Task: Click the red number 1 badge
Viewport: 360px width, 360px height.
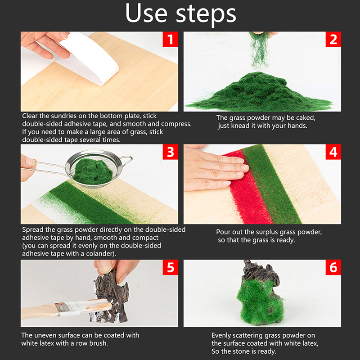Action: (x=170, y=39)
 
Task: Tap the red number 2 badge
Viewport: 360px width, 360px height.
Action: (x=333, y=39)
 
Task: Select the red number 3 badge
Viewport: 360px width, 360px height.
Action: (x=170, y=152)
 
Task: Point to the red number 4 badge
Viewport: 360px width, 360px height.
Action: (x=333, y=152)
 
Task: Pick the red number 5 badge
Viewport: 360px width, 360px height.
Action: (x=170, y=267)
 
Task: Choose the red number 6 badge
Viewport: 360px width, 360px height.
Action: (x=333, y=267)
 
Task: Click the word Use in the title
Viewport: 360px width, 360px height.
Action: (x=146, y=13)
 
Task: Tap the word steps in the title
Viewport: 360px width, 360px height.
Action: (x=206, y=15)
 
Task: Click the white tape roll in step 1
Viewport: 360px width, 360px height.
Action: (x=88, y=59)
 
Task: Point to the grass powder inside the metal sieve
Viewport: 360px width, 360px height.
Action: (x=92, y=171)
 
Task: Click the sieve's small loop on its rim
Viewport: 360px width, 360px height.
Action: (x=126, y=160)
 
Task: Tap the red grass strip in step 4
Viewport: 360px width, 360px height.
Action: (x=249, y=190)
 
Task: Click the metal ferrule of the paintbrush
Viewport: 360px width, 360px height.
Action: (x=61, y=307)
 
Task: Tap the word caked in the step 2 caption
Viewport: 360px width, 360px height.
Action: (x=305, y=118)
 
